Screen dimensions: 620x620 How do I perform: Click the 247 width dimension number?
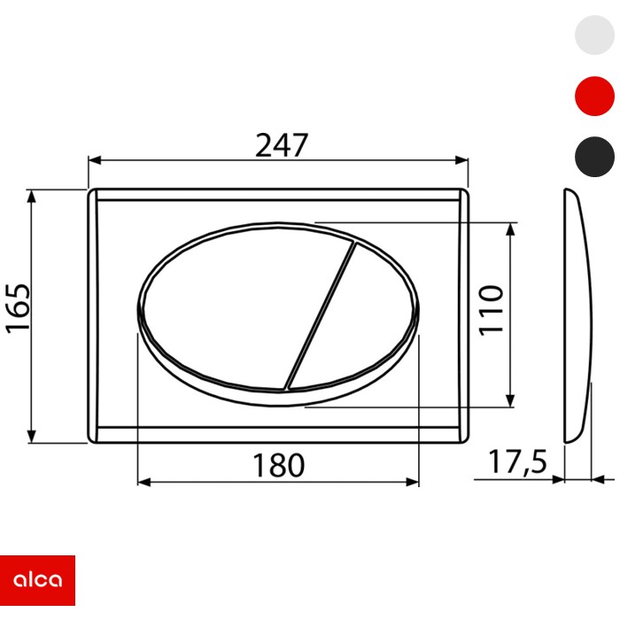(x=281, y=144)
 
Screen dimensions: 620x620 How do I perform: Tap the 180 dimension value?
(x=278, y=465)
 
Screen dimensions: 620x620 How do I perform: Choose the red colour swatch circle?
(x=594, y=96)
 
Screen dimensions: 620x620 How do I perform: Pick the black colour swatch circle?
(x=594, y=157)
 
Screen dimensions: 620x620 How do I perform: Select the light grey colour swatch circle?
(x=594, y=36)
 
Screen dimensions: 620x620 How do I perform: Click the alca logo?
(x=37, y=580)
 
